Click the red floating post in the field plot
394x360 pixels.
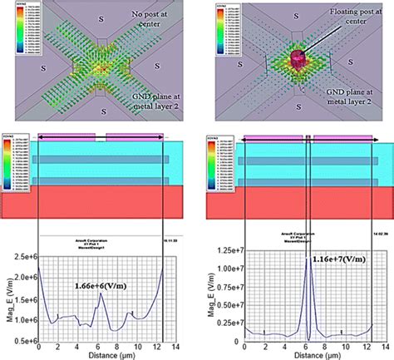298,59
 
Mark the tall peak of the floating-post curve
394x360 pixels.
308,259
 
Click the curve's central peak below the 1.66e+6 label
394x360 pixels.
99,300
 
